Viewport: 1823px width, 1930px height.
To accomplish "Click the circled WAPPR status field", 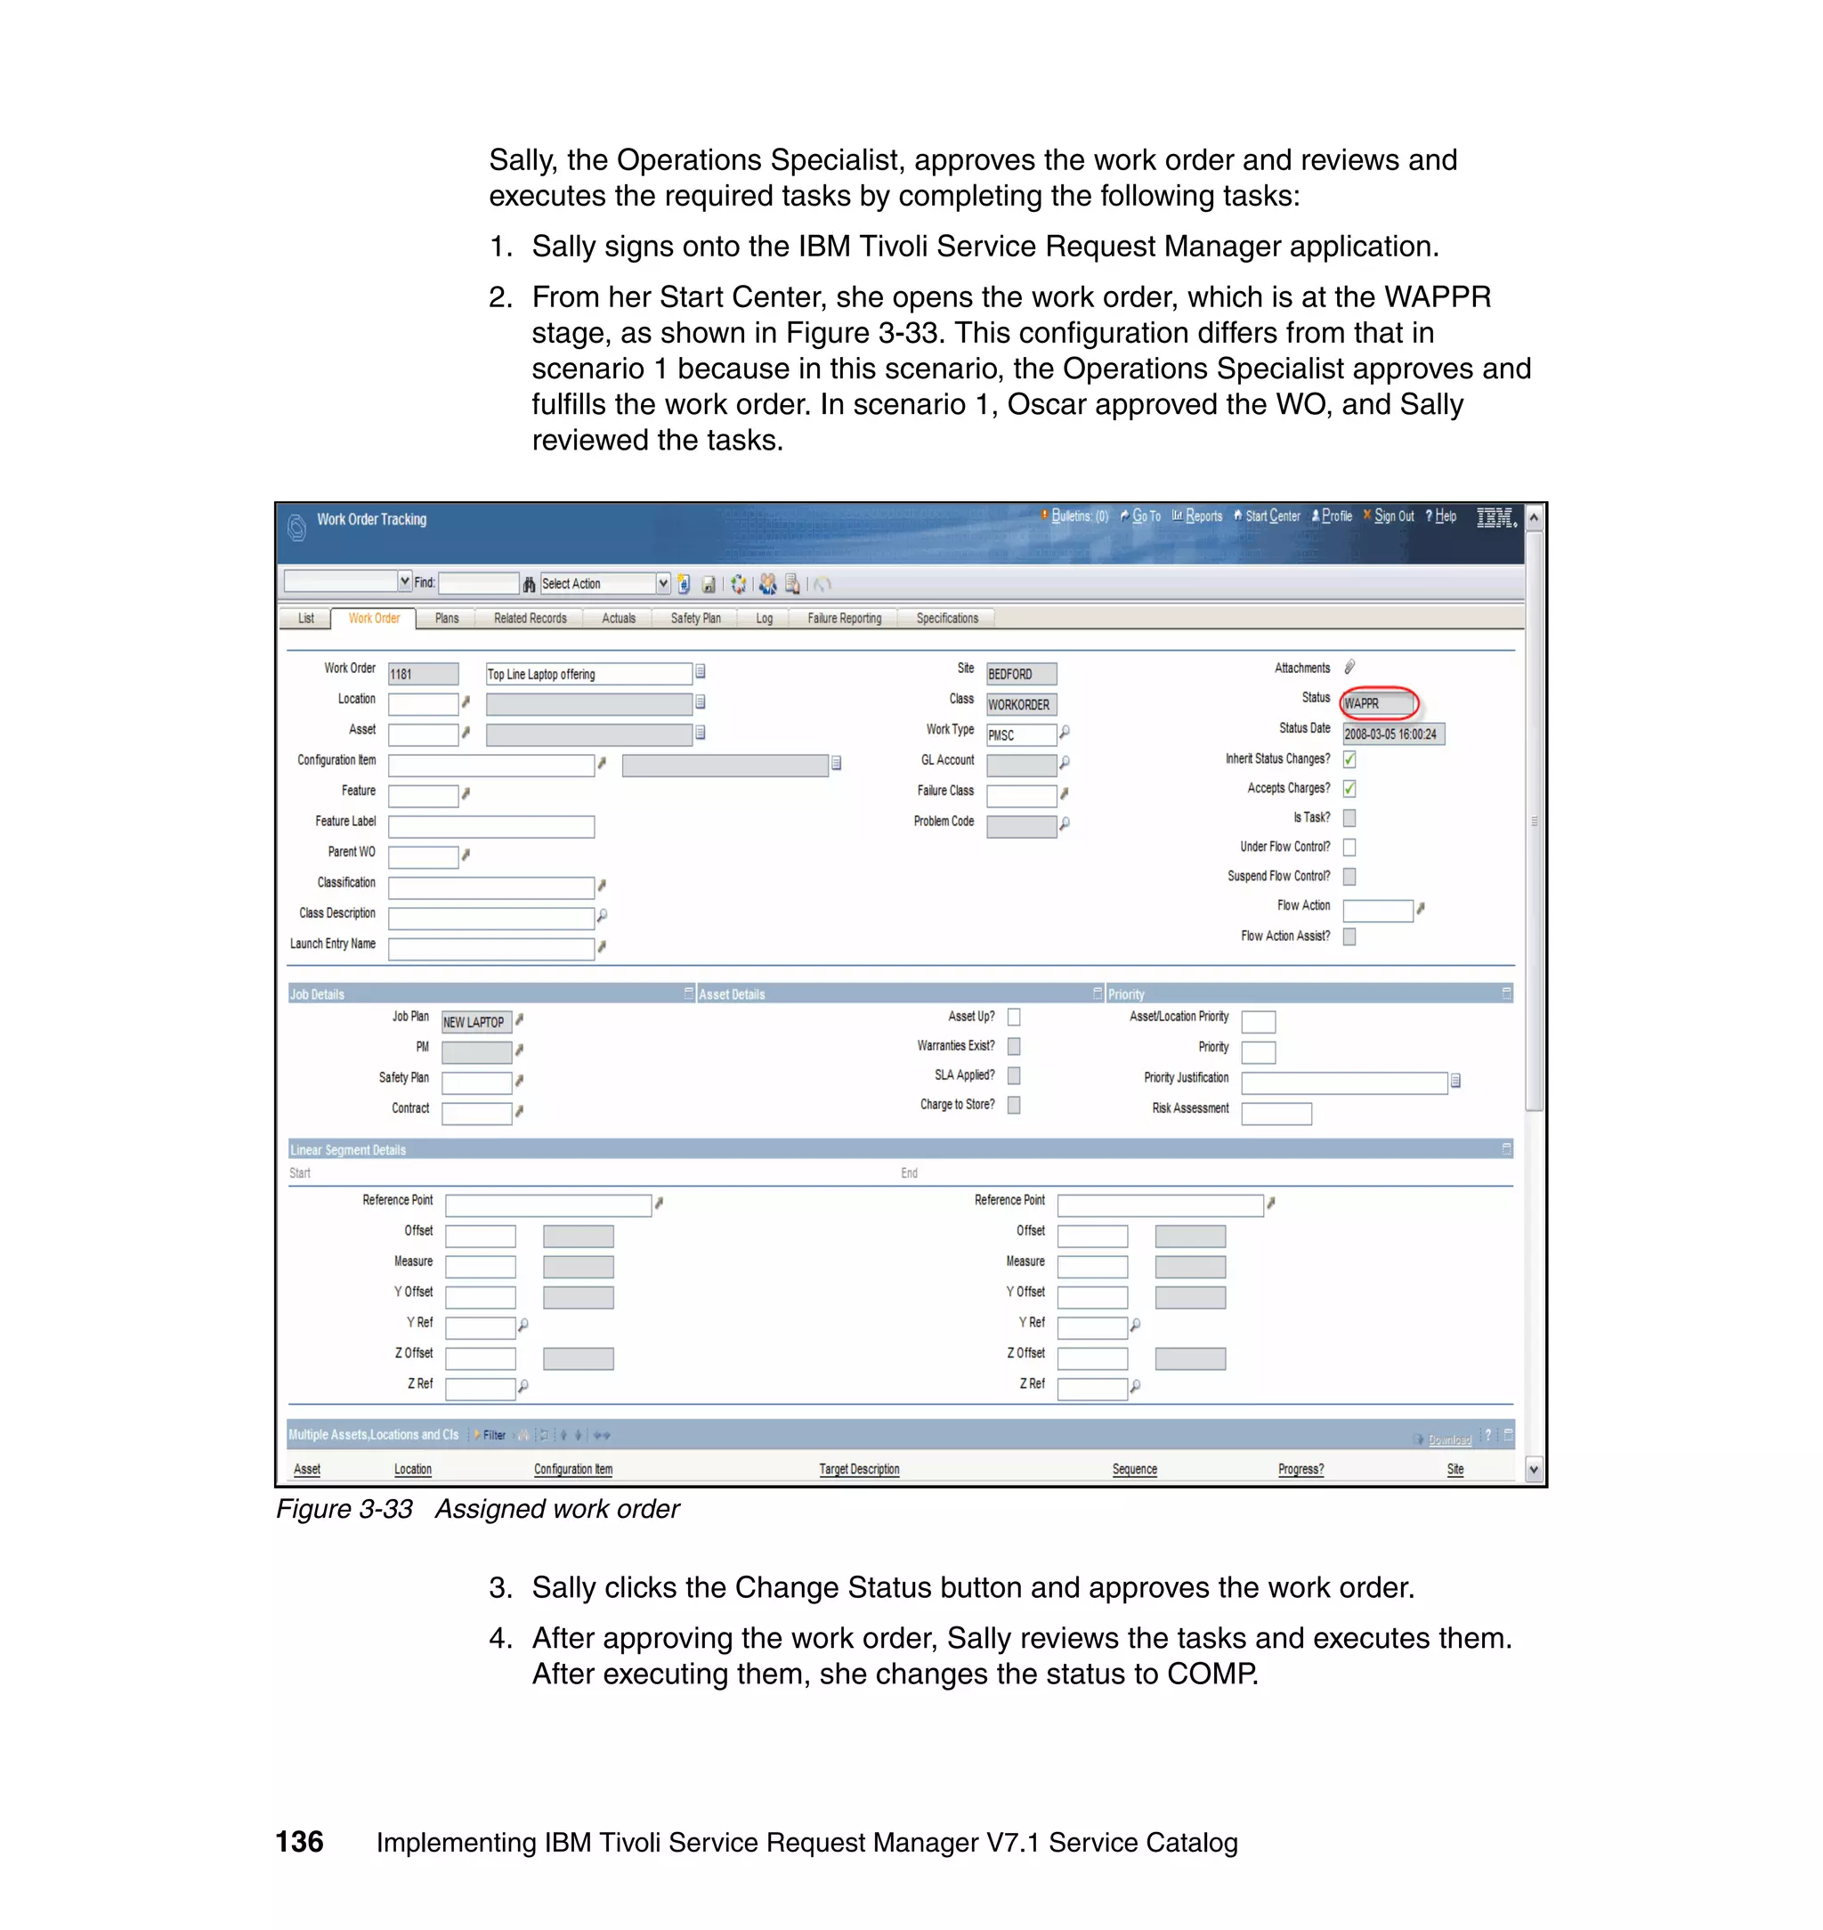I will pyautogui.click(x=1378, y=702).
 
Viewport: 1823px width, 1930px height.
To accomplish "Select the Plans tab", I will pyautogui.click(x=446, y=618).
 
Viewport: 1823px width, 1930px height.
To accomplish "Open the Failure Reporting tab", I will pyautogui.click(x=844, y=618).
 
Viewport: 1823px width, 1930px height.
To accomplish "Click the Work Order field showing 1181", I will pyautogui.click(x=423, y=674).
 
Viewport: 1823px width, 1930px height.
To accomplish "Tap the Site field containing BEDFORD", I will pyautogui.click(x=1020, y=674).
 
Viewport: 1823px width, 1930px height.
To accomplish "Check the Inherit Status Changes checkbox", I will pyautogui.click(x=1349, y=759).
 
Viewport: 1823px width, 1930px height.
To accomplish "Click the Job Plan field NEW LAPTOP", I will pyautogui.click(x=475, y=1021).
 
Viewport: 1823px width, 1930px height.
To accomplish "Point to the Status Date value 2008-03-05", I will pyautogui.click(x=1391, y=734).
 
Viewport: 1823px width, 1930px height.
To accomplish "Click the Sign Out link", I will pyautogui.click(x=1392, y=516).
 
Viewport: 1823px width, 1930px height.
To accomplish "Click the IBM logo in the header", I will pyautogui.click(x=1495, y=517).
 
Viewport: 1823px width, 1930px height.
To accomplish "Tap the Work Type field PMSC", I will pyautogui.click(x=1019, y=734).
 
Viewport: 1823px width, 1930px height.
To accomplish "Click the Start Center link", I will pyautogui.click(x=1271, y=516).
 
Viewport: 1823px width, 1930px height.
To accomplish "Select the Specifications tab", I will pyautogui.click(x=946, y=618).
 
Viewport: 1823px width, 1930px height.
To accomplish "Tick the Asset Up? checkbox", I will pyautogui.click(x=1014, y=1017).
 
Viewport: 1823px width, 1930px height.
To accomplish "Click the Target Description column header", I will pyautogui.click(x=859, y=1468).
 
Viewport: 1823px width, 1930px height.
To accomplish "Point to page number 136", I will pyautogui.click(x=299, y=1842).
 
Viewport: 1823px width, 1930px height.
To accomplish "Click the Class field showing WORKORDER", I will pyautogui.click(x=1020, y=704).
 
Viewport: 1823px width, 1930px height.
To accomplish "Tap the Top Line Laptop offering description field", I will pyautogui.click(x=587, y=674).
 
